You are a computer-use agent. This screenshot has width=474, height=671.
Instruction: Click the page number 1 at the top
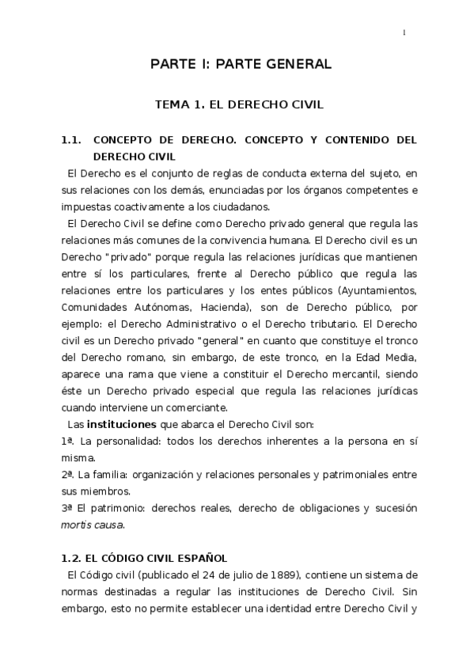click(404, 32)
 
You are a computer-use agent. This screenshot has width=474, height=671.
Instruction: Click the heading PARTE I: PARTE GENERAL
click(241, 64)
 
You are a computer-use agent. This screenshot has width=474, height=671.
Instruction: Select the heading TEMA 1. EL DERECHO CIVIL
click(240, 104)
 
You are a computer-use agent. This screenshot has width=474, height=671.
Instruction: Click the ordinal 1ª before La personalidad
click(67, 440)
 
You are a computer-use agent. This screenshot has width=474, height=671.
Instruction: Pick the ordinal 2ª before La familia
click(67, 474)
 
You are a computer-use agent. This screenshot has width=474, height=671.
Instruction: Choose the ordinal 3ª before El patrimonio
click(66, 507)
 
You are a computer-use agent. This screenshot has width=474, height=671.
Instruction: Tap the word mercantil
click(339, 374)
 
